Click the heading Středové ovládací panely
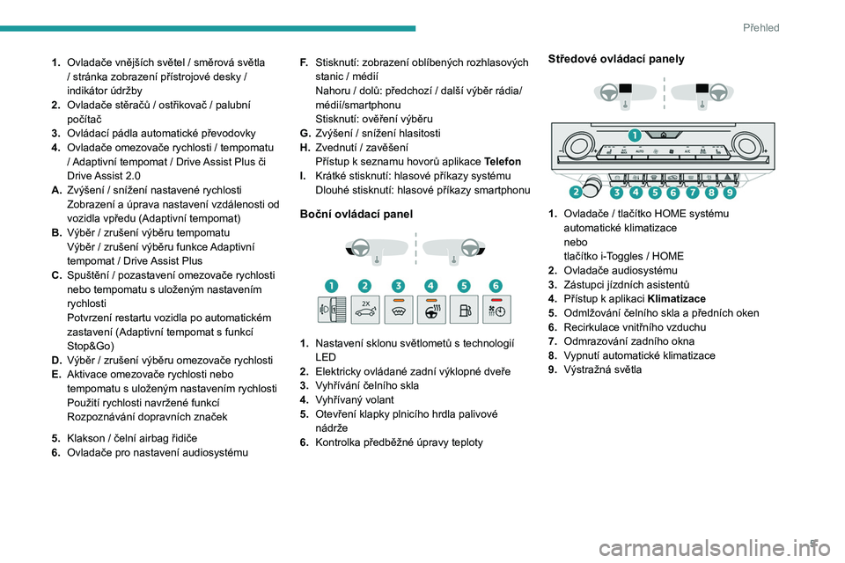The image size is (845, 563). click(616, 59)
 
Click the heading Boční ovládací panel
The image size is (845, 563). click(356, 214)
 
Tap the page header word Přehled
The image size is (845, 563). click(760, 27)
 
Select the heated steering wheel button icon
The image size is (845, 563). click(431, 310)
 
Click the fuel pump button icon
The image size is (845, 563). click(464, 310)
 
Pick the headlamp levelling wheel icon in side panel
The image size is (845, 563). click(332, 310)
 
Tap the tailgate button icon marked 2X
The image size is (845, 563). click(364, 310)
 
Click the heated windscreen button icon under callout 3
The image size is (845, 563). click(398, 310)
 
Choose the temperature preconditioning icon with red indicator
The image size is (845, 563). click(496, 310)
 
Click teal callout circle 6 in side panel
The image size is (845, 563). click(496, 286)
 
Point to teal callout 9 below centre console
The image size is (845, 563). click(730, 192)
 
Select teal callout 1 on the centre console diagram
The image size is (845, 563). click(635, 135)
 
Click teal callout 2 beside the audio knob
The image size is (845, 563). click(576, 192)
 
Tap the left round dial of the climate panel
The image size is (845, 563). click(576, 145)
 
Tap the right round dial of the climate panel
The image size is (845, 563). click(746, 145)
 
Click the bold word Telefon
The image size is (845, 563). click(503, 162)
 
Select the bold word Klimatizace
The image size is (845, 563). click(677, 298)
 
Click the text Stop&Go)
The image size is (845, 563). click(91, 346)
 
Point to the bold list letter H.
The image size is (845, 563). click(305, 147)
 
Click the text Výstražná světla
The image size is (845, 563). click(602, 369)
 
